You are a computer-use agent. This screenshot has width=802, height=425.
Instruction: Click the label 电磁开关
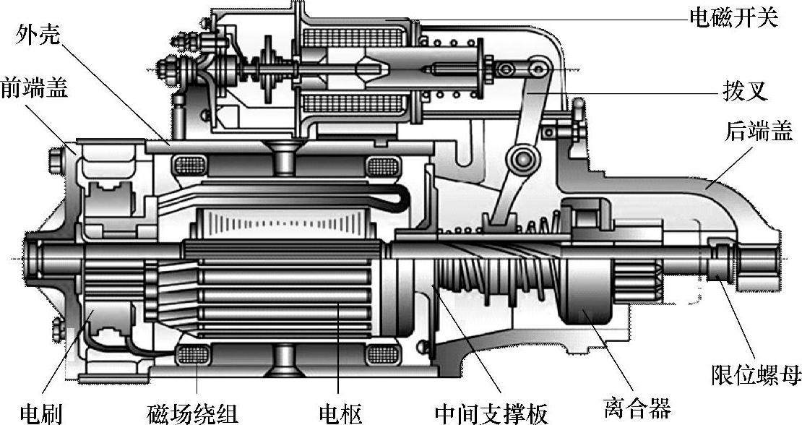(731, 18)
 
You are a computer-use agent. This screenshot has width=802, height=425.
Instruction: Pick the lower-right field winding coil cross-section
(382, 354)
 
